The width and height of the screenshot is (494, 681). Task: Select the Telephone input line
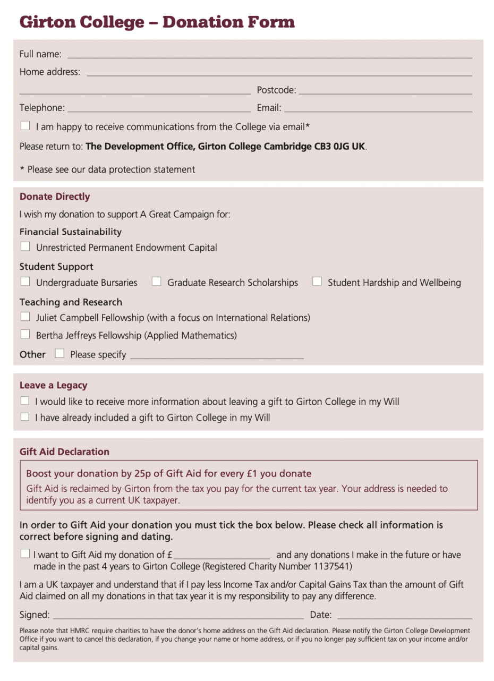point(159,108)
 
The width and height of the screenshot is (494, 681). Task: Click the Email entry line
point(378,108)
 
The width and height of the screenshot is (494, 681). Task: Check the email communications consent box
point(25,126)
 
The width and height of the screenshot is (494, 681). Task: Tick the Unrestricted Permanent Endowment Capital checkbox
point(25,246)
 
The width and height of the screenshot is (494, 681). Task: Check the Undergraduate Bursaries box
point(25,282)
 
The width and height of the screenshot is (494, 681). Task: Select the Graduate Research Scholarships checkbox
point(156,282)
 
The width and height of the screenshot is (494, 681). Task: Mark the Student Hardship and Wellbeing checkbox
point(317,282)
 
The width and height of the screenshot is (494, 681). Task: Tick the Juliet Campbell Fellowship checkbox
point(25,317)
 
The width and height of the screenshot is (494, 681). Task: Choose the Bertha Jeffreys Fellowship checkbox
point(25,334)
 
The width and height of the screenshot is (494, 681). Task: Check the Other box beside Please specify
point(59,353)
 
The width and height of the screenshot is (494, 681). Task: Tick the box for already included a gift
point(25,417)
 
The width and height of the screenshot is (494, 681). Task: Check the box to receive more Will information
point(25,401)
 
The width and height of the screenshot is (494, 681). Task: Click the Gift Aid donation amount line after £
point(222,556)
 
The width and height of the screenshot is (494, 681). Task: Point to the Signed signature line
point(178,616)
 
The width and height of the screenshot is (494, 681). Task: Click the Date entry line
point(404,616)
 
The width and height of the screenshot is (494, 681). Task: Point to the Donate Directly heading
point(55,197)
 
